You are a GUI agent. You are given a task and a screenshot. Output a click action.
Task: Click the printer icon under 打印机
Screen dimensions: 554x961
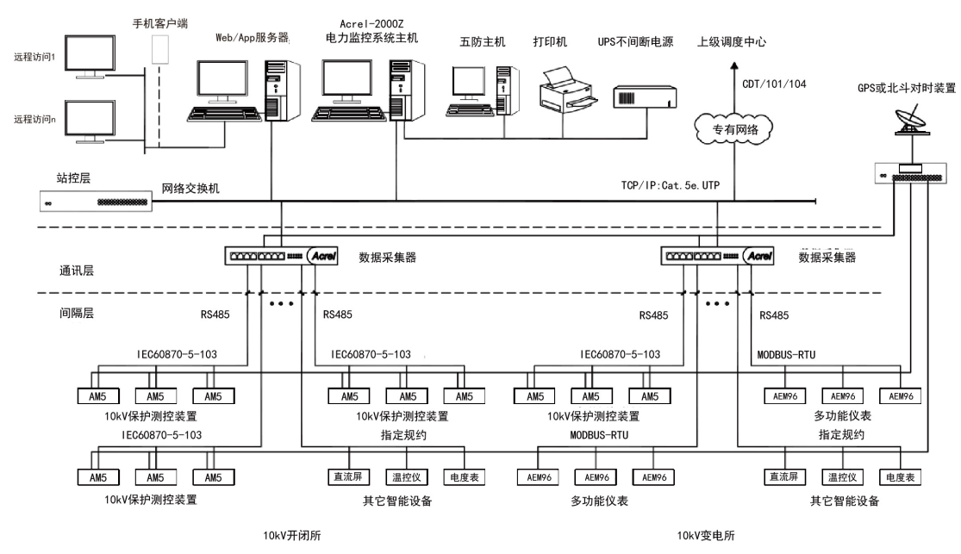click(565, 90)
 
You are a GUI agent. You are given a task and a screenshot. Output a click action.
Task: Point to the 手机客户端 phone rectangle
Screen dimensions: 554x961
click(159, 49)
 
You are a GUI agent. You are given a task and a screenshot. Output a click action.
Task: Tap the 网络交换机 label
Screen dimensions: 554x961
click(190, 188)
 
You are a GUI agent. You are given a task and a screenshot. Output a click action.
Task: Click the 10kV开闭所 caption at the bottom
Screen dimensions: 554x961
click(293, 534)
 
